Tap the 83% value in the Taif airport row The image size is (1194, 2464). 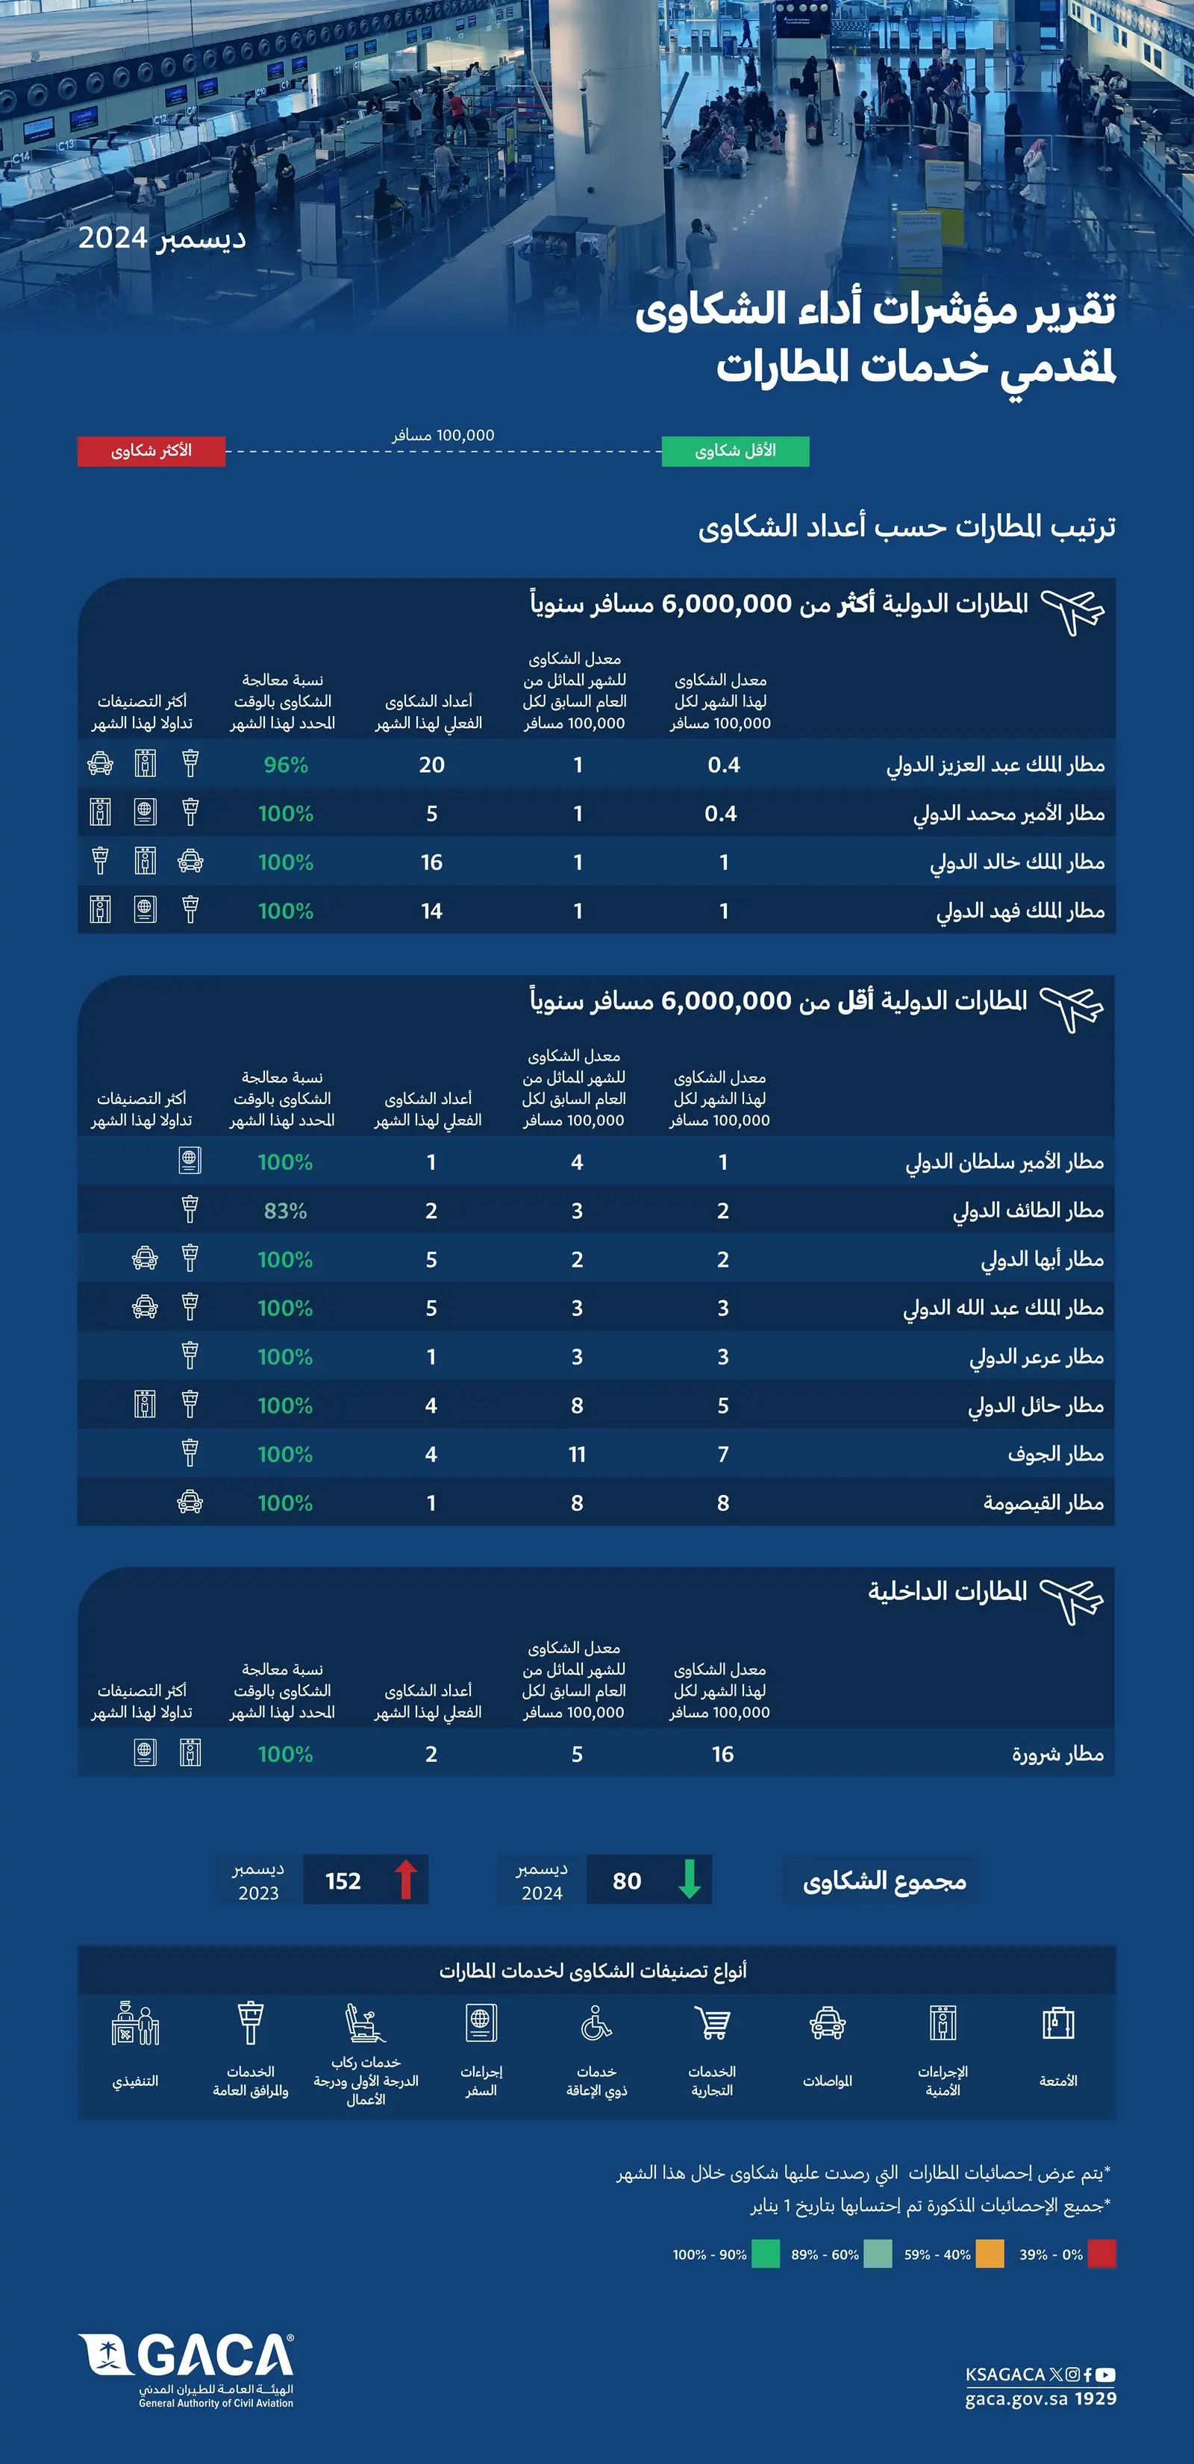[285, 1211]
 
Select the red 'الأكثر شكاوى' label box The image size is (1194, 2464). [151, 451]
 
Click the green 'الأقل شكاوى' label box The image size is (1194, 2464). [735, 451]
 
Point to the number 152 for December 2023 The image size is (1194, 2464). [343, 1881]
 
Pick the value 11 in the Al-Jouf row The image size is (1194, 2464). [577, 1455]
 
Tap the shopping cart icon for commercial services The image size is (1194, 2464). [712, 2025]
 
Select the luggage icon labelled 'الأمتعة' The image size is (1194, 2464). [1058, 2025]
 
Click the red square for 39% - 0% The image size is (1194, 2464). [1101, 2254]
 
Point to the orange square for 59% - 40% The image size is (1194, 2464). [990, 2254]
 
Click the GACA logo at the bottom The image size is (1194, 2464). [187, 2369]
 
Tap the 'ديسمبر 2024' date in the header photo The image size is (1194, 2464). [162, 238]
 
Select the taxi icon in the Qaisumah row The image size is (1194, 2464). [190, 1502]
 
